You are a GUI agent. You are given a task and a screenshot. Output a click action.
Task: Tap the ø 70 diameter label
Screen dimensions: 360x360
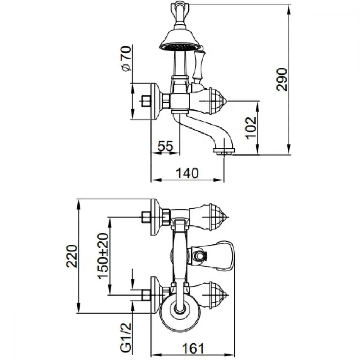(x=126, y=58)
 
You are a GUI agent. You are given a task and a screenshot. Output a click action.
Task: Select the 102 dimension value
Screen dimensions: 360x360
(x=251, y=128)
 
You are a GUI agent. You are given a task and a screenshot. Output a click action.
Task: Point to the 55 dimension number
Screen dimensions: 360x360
(x=165, y=146)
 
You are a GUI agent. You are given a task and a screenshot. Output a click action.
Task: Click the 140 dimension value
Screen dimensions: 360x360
(x=187, y=173)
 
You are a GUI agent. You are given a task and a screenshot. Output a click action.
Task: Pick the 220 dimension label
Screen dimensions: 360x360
(x=72, y=256)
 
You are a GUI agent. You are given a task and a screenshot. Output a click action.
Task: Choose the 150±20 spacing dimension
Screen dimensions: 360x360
(x=103, y=256)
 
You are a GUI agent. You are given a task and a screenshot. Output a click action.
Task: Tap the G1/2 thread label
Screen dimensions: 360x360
(x=126, y=338)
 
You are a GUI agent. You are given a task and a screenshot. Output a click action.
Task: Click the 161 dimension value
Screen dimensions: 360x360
(x=193, y=348)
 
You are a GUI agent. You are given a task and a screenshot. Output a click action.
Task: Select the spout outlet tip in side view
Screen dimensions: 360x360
(x=224, y=151)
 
